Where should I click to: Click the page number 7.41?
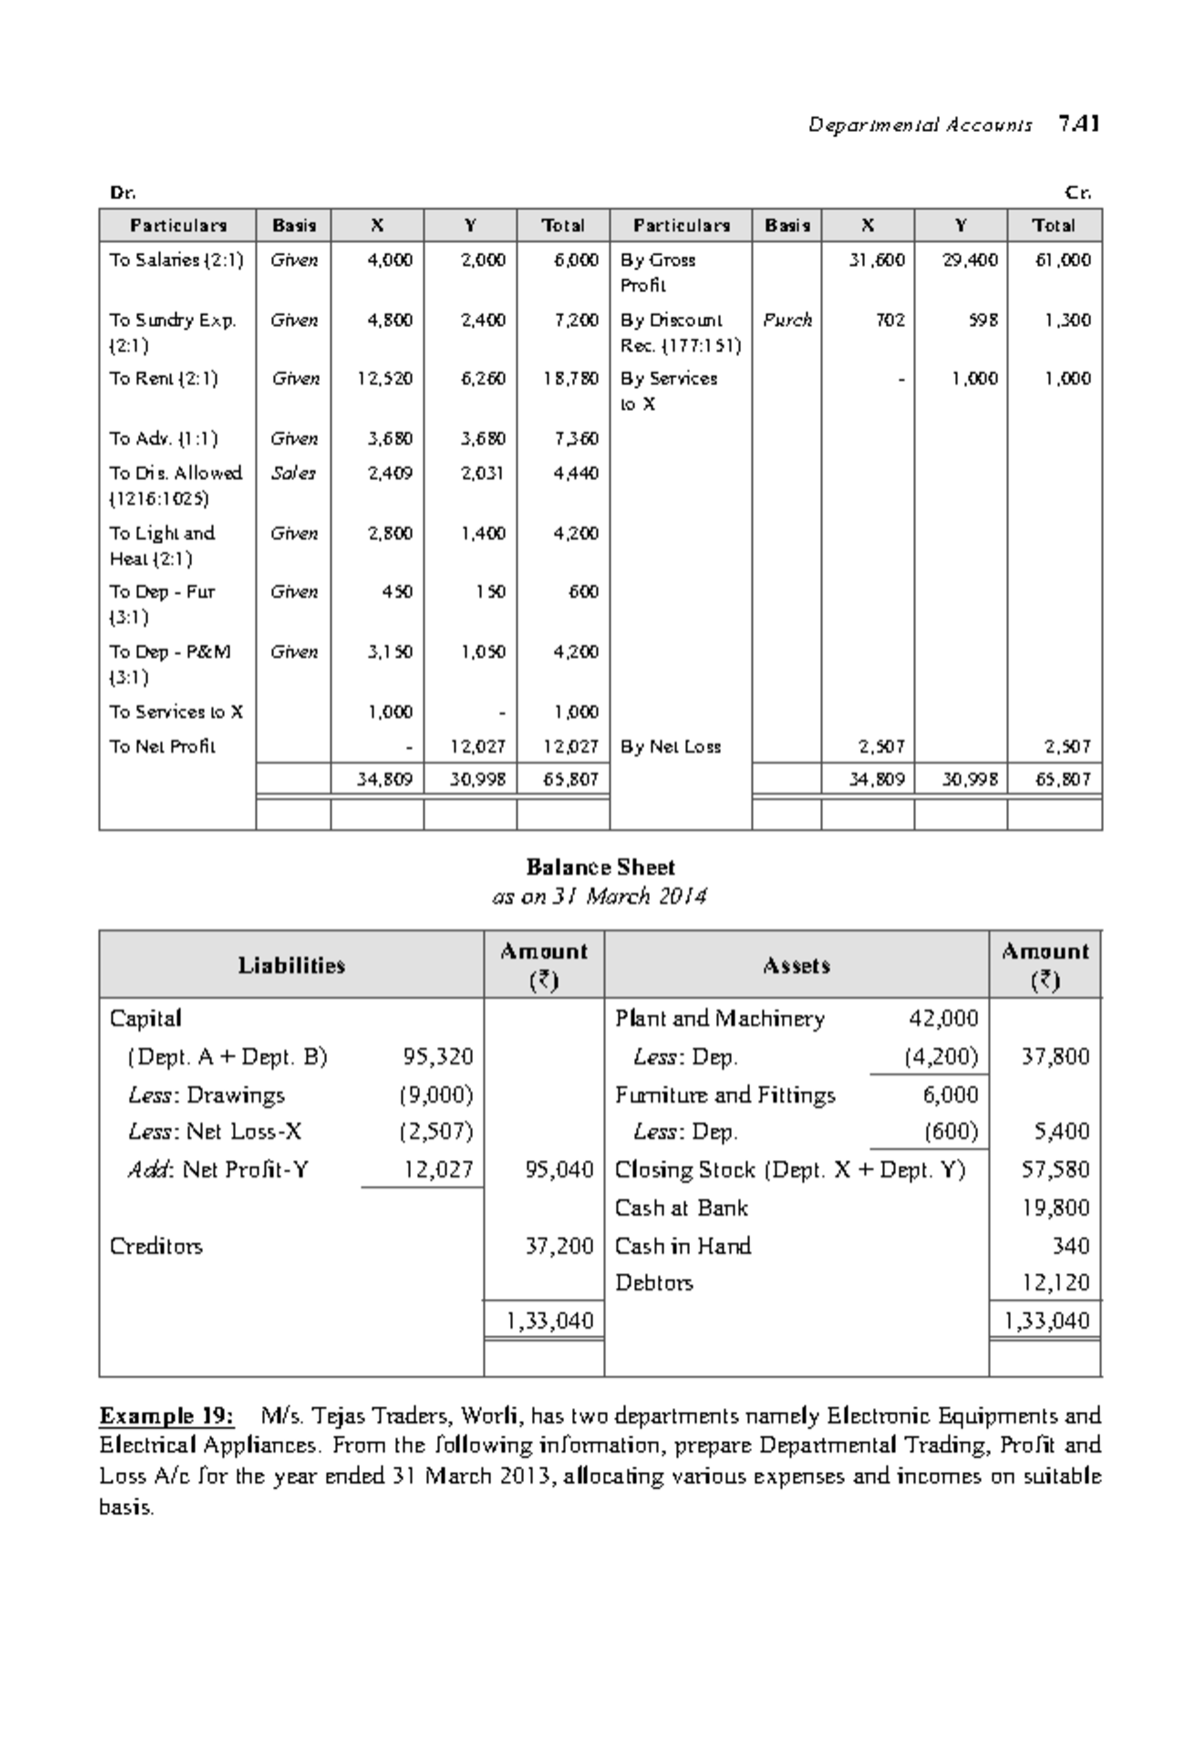coord(1079,125)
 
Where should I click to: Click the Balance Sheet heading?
coord(600,868)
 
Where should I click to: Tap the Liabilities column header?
coord(291,965)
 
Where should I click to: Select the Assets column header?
coord(796,965)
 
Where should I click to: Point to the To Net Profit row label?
coord(162,747)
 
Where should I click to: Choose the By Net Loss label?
coord(670,747)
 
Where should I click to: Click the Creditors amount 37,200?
coord(559,1246)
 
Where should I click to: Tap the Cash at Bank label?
coord(681,1208)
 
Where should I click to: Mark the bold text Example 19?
coord(166,1416)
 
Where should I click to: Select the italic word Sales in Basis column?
coord(293,473)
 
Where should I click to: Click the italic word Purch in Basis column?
coord(787,320)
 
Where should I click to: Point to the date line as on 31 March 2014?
coord(600,896)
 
